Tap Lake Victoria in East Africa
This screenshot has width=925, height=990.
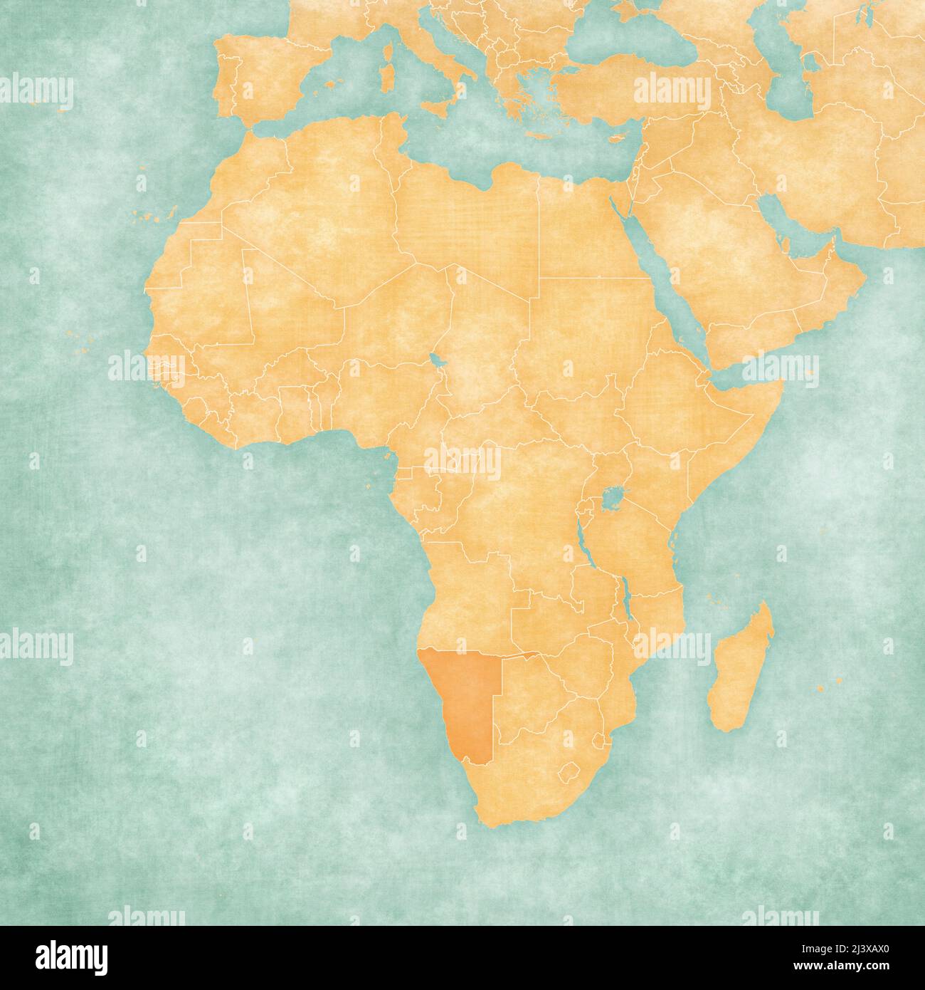click(x=608, y=496)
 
